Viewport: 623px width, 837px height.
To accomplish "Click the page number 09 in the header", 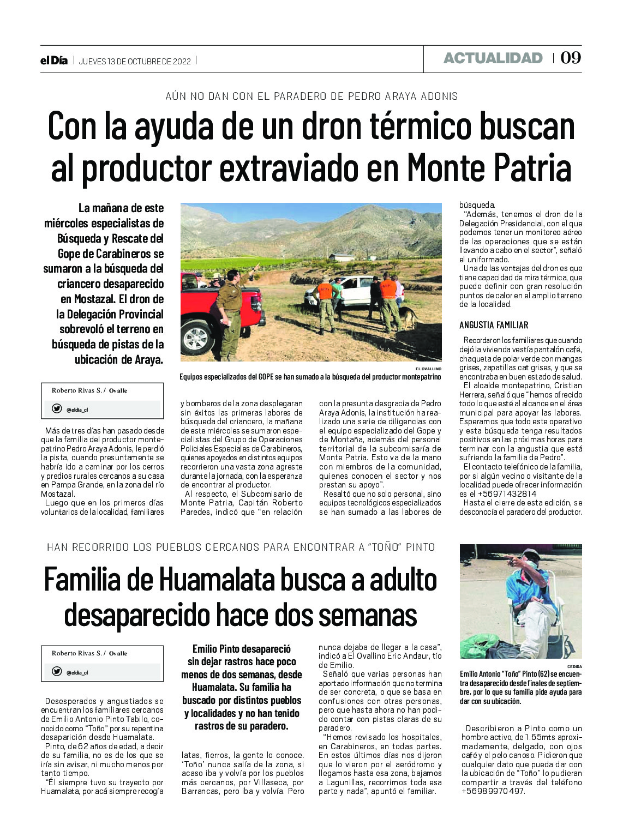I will point(571,58).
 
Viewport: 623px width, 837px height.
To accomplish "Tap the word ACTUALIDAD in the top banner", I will point(493,58).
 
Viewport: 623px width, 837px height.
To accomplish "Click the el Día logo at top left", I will point(54,61).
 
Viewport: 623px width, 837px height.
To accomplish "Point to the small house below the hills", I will point(342,257).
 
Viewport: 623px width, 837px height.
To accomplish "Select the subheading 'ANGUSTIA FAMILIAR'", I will point(494,325).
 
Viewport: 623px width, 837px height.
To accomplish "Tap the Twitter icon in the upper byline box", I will point(57,408).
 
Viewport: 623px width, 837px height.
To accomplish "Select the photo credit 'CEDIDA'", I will point(574,666).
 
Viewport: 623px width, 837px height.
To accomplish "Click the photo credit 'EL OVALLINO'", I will point(428,369).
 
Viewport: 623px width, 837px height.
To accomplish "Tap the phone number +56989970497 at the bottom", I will point(493,791).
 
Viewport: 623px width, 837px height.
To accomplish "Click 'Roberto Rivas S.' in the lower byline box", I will point(76,653).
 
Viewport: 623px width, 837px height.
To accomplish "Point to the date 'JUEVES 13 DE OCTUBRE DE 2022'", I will point(135,61).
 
